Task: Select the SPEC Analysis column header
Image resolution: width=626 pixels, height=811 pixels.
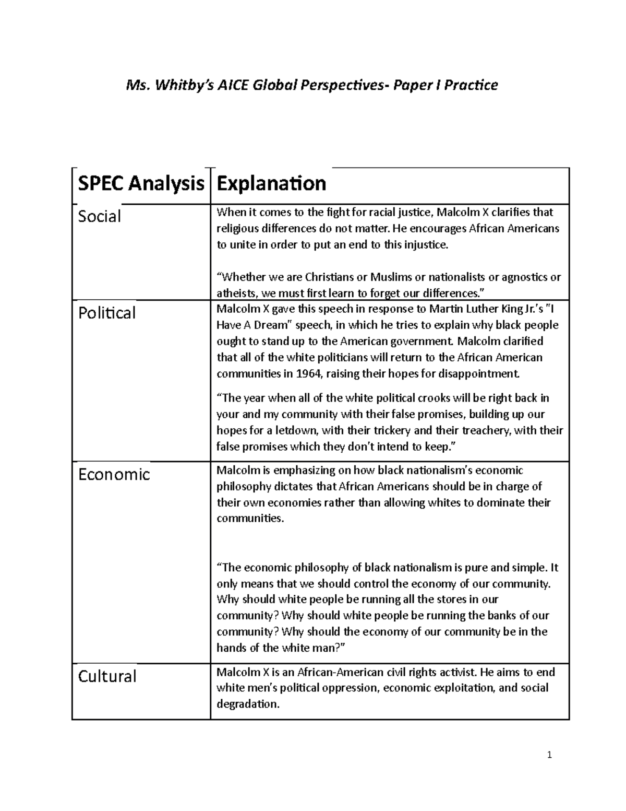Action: coord(141,184)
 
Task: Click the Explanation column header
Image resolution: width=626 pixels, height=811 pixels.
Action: coord(271,184)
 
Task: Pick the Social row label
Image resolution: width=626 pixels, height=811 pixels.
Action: coord(99,216)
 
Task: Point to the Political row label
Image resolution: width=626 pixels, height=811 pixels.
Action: coord(106,313)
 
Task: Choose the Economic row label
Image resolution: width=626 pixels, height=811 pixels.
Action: coord(114,474)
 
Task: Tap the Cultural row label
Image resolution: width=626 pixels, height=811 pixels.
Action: coord(107,676)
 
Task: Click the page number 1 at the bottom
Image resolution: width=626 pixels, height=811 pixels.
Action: coord(549,755)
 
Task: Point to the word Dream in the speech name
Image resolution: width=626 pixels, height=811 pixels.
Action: coord(270,325)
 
